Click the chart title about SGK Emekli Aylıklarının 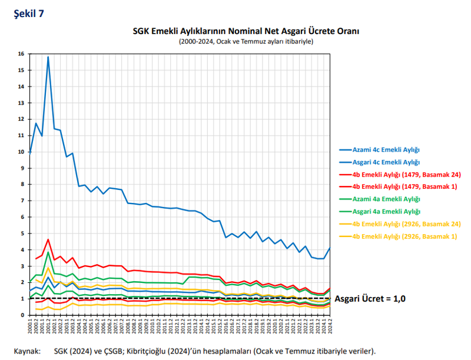click(246, 31)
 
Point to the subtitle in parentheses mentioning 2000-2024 click(246, 42)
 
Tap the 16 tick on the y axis click(21, 54)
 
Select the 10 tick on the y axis click(21, 152)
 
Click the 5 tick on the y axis click(22, 234)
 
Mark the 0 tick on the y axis click(22, 315)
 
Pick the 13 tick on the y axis click(21, 103)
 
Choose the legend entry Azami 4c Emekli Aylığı click(386, 149)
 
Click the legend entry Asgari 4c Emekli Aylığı click(386, 162)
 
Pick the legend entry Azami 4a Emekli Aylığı click(386, 199)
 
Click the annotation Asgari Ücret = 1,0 click(370, 298)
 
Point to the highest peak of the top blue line click(48, 57)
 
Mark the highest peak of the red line click(48, 239)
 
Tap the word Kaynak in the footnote click(26, 351)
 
